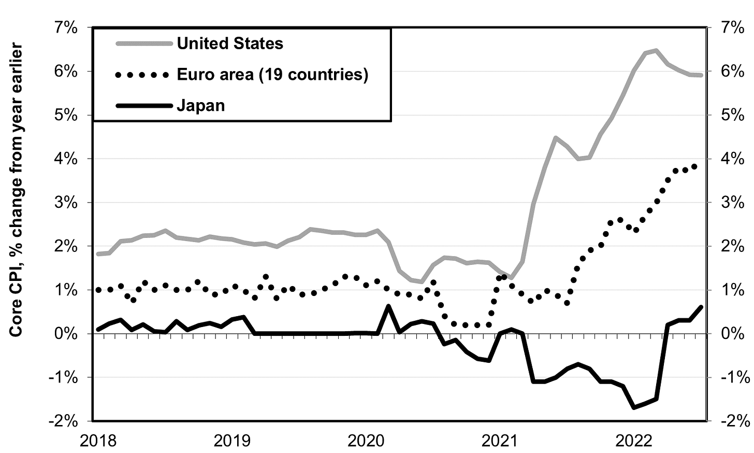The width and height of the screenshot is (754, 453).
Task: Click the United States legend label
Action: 230,44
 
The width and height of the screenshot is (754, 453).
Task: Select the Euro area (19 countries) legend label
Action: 272,75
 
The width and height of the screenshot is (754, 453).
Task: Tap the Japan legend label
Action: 201,106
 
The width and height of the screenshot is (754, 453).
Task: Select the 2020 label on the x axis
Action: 365,441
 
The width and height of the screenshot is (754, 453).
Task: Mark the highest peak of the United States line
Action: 656,50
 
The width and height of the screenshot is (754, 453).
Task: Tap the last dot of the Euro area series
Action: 694,166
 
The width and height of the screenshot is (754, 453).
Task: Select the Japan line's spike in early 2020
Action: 388,306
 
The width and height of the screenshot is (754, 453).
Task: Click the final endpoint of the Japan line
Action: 701,307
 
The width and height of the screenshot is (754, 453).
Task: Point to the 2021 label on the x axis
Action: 500,441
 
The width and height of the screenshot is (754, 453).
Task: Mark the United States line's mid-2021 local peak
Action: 555,137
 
